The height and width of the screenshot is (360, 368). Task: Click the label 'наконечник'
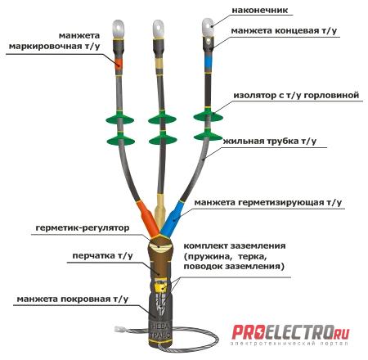[259, 11]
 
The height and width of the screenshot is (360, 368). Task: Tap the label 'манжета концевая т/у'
[284, 30]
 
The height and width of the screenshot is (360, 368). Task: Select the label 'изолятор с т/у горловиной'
[296, 96]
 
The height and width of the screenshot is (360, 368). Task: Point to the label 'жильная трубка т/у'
[270, 142]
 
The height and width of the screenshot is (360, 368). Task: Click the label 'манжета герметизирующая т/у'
[268, 203]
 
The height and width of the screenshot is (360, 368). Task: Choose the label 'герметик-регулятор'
[83, 227]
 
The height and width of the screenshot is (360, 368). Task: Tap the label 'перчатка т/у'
[102, 256]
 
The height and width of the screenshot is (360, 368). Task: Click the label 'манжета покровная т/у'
[72, 299]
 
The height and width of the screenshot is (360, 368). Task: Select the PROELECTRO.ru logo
[290, 335]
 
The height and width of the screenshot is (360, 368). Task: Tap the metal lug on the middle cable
[159, 29]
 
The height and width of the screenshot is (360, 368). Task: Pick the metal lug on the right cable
[208, 27]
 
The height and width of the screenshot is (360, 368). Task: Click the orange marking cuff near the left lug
[119, 63]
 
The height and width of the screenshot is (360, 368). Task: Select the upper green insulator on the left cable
[119, 119]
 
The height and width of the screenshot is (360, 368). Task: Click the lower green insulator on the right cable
[208, 135]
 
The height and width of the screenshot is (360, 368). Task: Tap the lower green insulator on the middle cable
[163, 139]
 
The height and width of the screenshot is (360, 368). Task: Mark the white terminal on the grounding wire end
[119, 330]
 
